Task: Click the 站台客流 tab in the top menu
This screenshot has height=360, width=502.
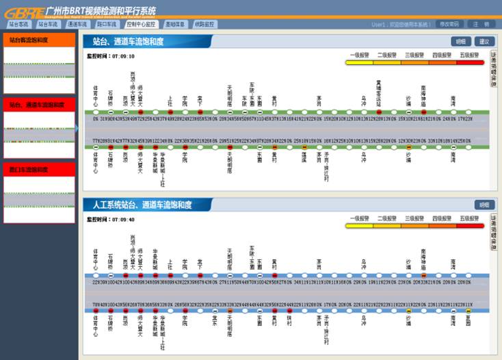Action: tap(18, 24)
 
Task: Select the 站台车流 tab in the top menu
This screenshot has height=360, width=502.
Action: tap(48, 24)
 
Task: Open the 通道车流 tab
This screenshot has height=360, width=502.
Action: tap(77, 24)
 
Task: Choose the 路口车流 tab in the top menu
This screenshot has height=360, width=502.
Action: tap(107, 24)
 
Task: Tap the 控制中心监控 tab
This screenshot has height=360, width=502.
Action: tap(142, 24)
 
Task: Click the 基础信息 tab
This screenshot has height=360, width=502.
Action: tap(175, 24)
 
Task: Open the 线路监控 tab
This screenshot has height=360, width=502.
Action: tap(204, 24)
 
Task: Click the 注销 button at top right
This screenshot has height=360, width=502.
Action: tap(485, 24)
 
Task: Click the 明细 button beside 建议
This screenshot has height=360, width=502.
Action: tap(462, 41)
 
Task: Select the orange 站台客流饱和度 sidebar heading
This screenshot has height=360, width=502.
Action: tap(39, 40)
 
